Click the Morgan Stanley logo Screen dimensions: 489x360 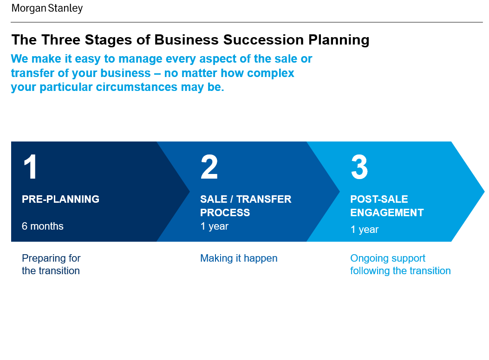point(47,8)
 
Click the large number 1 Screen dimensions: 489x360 point(31,167)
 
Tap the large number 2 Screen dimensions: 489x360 point(209,167)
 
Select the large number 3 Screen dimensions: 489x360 point(359,167)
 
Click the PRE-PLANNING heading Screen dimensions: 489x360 point(60,199)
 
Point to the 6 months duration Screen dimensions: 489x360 point(42,226)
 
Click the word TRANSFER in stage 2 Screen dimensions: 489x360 point(264,199)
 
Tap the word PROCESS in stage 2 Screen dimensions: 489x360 point(225,212)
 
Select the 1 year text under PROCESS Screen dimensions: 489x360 point(214,226)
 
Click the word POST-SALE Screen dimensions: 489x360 point(379,199)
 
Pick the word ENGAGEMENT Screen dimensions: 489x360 point(387,212)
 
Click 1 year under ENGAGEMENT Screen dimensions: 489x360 point(365,230)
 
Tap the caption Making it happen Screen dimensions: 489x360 point(239,258)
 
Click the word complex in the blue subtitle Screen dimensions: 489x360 point(270,73)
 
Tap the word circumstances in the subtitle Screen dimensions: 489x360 point(136,87)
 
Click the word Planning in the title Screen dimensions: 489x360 point(339,40)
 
